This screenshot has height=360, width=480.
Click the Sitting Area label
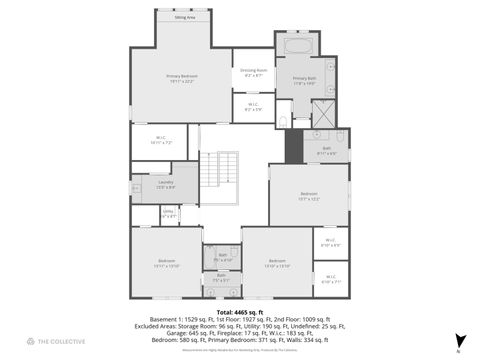184,18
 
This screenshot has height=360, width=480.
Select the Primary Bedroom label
181,79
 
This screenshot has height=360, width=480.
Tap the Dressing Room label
253,72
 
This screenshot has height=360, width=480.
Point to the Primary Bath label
304,80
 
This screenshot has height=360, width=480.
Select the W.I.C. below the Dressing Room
253,107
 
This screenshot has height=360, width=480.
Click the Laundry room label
166,183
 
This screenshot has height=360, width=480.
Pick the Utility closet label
169,213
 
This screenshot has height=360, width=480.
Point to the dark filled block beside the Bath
293,147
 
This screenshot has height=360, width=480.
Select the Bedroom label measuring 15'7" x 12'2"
309,196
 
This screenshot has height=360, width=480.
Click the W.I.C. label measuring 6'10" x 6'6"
331,243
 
